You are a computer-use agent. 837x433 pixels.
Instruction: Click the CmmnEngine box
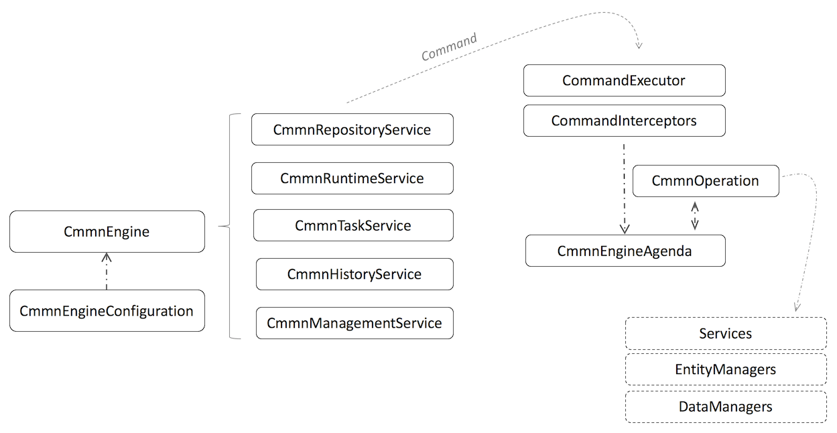[x=107, y=232]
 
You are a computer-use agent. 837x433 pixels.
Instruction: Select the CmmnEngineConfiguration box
[x=107, y=311]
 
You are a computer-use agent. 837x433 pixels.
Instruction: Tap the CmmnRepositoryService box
[x=352, y=130]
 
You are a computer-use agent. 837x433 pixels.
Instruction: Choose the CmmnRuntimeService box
[x=352, y=178]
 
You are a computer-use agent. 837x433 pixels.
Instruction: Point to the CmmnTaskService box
[x=352, y=225]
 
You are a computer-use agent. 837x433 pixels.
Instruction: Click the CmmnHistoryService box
[x=354, y=274]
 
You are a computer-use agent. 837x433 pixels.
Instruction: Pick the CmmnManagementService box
[x=354, y=323]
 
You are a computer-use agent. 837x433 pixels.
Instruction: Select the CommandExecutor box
[x=624, y=80]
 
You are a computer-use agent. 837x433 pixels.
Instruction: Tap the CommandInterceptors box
[x=624, y=121]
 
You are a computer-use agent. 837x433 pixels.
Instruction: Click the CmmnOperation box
[x=706, y=181]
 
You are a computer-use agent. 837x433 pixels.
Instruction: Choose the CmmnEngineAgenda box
[x=625, y=251]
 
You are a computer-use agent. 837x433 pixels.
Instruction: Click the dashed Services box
[x=725, y=334]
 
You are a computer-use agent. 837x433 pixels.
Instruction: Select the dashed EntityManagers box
[x=725, y=369]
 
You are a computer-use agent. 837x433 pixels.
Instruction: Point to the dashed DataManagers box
[x=725, y=407]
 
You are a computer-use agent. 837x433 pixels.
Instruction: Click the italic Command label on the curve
[x=449, y=48]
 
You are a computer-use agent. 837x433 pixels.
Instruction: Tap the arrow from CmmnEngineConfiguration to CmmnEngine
[x=107, y=271]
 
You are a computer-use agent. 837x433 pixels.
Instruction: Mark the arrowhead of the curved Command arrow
[x=638, y=44]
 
